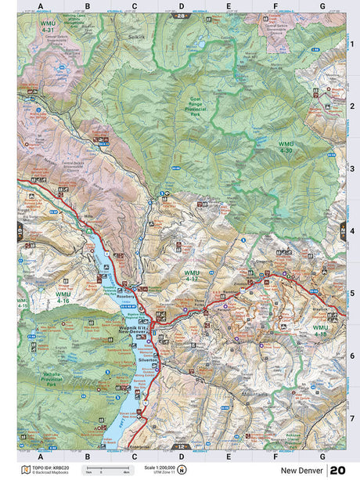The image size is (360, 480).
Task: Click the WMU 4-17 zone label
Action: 192,275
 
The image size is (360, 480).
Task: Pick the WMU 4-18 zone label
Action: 320,330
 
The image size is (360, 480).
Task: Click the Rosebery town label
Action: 127,297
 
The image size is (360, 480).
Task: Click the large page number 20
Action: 337,470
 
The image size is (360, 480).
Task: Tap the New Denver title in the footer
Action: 302,470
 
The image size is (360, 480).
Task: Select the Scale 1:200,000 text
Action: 160,467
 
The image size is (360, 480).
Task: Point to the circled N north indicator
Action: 182,470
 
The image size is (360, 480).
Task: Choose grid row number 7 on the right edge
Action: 351,418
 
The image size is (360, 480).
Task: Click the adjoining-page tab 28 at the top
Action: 182,16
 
